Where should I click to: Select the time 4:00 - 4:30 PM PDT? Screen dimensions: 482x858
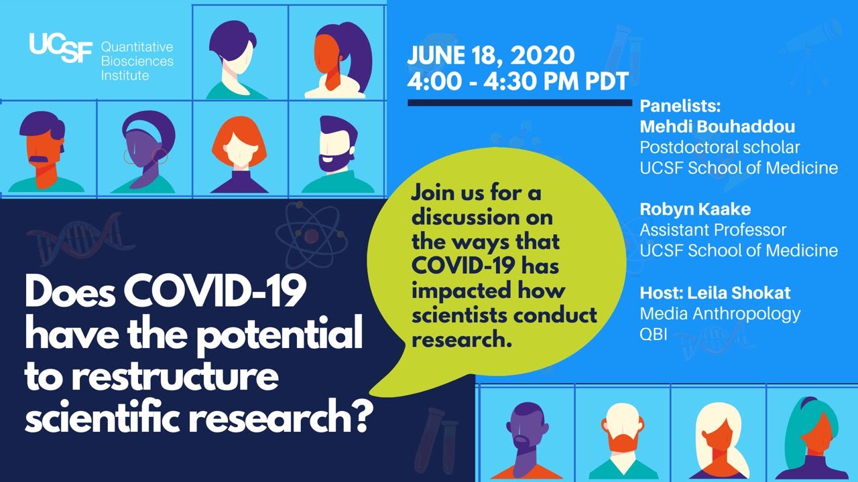tap(517, 81)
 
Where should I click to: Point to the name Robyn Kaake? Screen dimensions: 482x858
tap(695, 209)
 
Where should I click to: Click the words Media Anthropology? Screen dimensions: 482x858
tap(720, 313)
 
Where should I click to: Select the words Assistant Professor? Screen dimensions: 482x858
tap(713, 230)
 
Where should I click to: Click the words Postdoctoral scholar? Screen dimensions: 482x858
tap(720, 147)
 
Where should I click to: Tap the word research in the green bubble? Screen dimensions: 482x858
tap(456, 339)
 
